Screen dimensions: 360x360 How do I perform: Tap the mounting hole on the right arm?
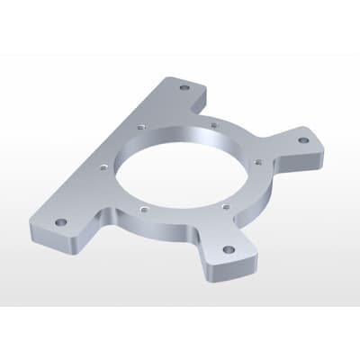click(303, 140)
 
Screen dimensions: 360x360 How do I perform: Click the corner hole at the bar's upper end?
click(184, 89)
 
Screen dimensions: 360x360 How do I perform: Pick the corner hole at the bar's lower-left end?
click(60, 221)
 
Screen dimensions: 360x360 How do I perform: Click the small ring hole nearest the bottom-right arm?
click(224, 205)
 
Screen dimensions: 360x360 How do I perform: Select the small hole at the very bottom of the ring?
click(142, 210)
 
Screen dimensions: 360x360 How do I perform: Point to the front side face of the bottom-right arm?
click(229, 269)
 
